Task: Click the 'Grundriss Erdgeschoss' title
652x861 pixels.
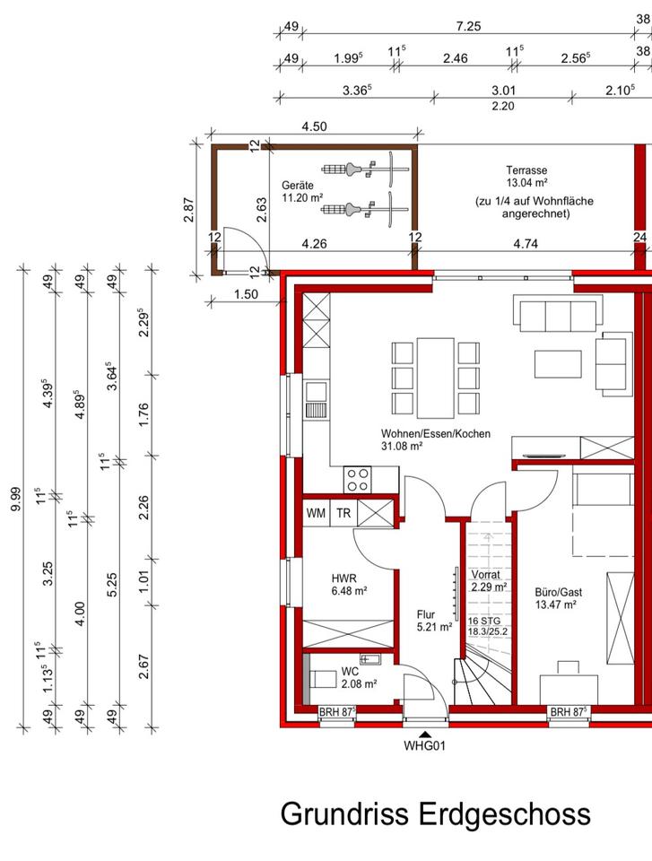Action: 436,813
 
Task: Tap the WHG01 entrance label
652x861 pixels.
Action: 424,745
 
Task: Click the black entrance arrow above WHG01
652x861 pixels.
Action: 424,734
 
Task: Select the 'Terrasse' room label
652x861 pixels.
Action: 526,170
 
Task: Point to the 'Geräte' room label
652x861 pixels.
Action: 298,185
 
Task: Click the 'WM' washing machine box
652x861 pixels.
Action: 316,513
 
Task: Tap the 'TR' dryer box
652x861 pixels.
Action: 343,513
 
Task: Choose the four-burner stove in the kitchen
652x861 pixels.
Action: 358,480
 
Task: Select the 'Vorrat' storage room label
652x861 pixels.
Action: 486,575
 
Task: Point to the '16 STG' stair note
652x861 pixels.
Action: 484,621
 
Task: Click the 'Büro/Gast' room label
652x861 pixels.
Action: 558,593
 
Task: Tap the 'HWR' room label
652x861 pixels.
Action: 343,578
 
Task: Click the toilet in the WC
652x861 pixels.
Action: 323,679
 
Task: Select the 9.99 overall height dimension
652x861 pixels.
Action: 16,499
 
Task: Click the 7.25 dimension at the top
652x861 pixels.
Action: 468,26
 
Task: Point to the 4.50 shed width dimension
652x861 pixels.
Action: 314,126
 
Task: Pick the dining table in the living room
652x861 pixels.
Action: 436,378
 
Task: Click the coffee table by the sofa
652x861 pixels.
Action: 558,364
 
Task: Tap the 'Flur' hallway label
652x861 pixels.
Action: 426,614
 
